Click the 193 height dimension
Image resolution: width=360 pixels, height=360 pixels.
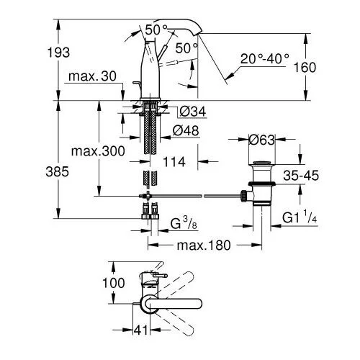point(58,53)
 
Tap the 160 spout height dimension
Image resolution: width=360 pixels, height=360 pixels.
point(305,68)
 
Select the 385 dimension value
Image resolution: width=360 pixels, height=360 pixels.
point(57,172)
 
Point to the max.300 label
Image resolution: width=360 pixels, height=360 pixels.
point(98,151)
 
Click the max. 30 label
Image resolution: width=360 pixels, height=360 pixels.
point(92,76)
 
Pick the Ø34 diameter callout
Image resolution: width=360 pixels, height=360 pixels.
point(193,112)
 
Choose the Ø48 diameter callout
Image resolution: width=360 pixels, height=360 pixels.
point(186,131)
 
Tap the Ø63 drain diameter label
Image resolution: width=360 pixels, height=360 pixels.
point(261,140)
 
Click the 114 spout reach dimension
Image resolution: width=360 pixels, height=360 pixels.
point(174,162)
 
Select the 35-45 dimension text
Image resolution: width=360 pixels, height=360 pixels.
point(301,176)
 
